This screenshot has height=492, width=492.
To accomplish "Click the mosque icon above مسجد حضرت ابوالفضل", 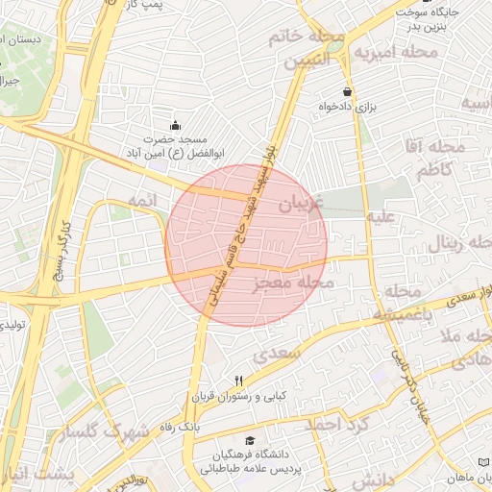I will [x=175, y=125].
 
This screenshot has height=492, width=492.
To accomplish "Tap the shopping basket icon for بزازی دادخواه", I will [x=347, y=92].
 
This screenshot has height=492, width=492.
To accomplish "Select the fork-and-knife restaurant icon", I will [x=239, y=381].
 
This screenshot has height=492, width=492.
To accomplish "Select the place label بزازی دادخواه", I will [x=347, y=108].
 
